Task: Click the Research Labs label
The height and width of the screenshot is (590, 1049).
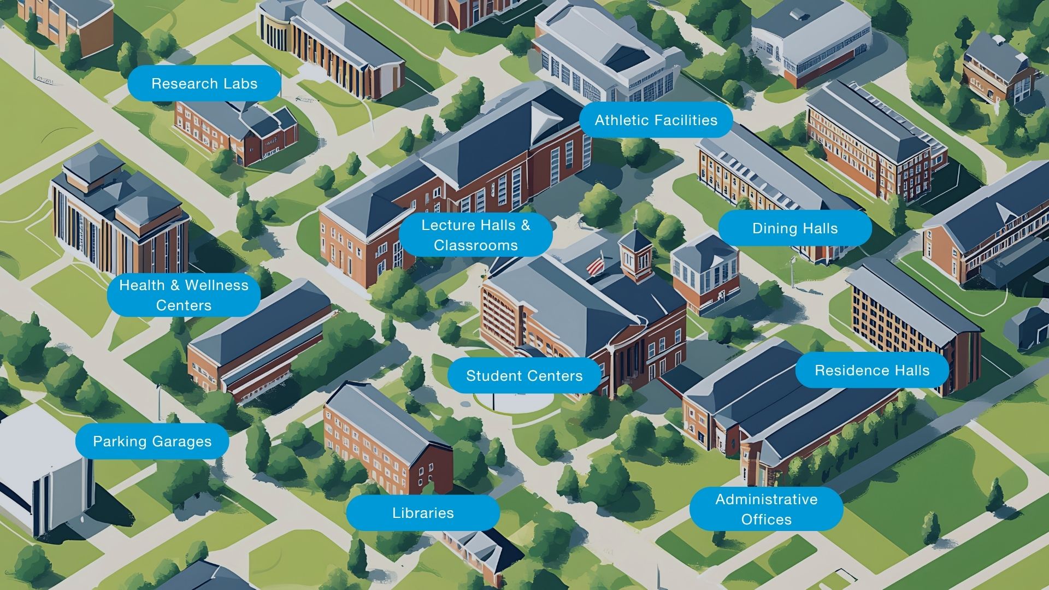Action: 204,84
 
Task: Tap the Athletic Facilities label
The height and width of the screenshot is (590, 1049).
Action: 656,120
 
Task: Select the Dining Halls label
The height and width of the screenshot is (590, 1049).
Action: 795,228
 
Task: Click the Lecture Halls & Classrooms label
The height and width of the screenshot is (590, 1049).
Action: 475,235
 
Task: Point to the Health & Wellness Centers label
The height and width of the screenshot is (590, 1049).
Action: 184,295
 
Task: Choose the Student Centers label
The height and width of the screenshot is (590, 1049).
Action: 524,376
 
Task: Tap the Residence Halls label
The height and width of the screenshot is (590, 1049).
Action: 872,370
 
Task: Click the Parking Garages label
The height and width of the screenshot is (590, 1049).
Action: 152,441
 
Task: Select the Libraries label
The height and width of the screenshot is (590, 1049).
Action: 423,513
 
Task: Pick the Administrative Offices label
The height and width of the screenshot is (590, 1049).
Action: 766,509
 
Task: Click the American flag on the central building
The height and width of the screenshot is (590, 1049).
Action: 596,265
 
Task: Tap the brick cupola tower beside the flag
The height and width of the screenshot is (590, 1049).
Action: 636,254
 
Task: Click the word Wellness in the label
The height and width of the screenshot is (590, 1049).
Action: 216,285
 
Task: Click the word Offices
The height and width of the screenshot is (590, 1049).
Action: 766,520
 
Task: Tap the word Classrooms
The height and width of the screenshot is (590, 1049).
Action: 475,245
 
